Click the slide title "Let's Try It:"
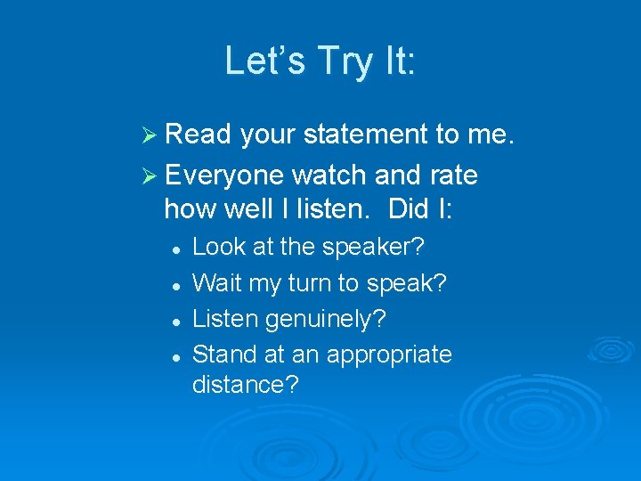[320, 61]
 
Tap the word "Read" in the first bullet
[198, 135]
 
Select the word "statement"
[366, 135]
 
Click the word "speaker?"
[364, 248]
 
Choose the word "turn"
[324, 283]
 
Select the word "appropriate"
[389, 355]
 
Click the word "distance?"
[246, 386]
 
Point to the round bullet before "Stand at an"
[178, 356]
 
